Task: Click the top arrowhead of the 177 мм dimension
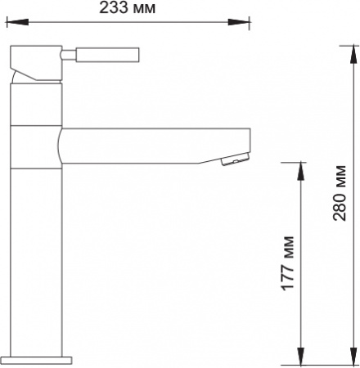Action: (303, 168)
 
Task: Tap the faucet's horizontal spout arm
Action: (155, 144)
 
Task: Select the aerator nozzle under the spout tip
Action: (233, 160)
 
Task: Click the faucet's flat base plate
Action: (38, 358)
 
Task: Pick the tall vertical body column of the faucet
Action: (38, 245)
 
